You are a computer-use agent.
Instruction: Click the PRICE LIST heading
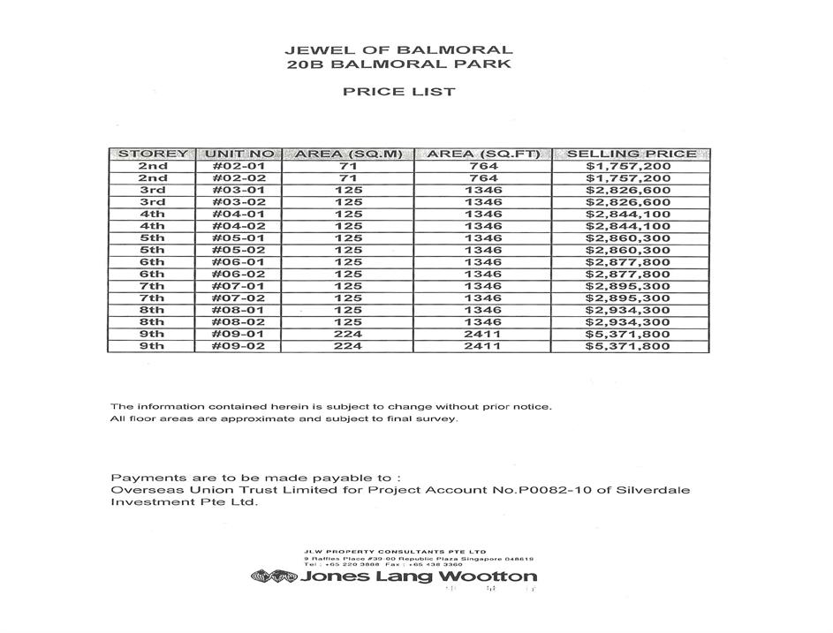pyautogui.click(x=398, y=92)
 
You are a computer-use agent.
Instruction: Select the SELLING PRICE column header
pyautogui.click(x=630, y=154)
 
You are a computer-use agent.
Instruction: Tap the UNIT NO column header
pyautogui.click(x=239, y=154)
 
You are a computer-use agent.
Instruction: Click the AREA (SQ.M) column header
pyautogui.click(x=348, y=154)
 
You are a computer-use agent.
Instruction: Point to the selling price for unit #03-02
pyautogui.click(x=628, y=202)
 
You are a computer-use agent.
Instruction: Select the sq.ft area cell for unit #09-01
pyautogui.click(x=482, y=335)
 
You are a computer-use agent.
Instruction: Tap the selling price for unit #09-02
pyautogui.click(x=628, y=347)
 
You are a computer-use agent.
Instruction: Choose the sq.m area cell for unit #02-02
pyautogui.click(x=348, y=178)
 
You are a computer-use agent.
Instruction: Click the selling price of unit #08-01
pyautogui.click(x=628, y=311)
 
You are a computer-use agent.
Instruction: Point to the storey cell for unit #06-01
pyautogui.click(x=152, y=262)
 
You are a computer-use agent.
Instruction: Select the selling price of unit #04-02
pyautogui.click(x=628, y=226)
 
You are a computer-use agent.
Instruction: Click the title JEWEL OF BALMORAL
pyautogui.click(x=398, y=50)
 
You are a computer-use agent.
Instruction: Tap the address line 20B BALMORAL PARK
pyautogui.click(x=398, y=64)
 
